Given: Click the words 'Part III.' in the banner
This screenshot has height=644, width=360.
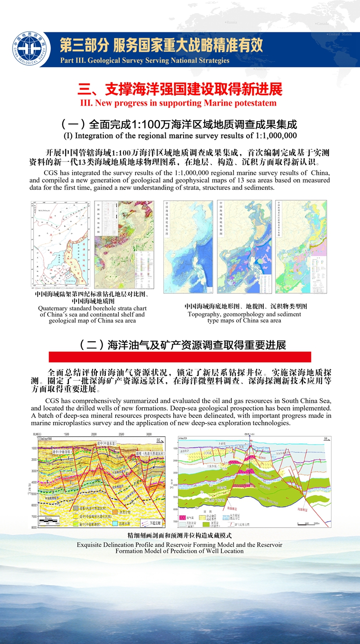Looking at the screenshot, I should coord(72,61).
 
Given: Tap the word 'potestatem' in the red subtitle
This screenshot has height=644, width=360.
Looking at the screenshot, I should coord(255,103).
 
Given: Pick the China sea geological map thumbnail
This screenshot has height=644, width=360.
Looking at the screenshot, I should coord(124,243).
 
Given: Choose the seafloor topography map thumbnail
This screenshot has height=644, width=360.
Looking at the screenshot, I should coord(188,246).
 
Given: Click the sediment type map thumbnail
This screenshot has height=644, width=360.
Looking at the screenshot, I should coord(301,246).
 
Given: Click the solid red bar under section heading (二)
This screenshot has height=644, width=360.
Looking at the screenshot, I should coord(180,357).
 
